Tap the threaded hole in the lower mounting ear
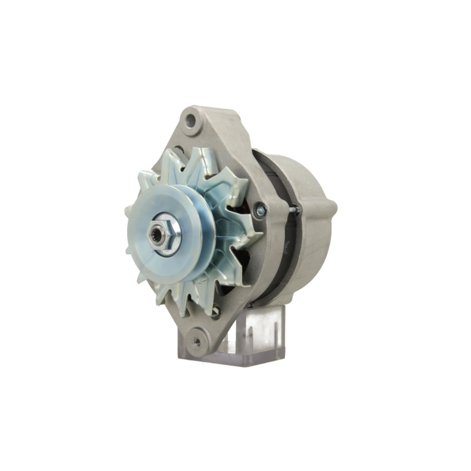coord(196,341)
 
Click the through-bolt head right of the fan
coord(259,210)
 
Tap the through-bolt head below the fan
coord(216,311)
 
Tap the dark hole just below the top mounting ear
coord(179,150)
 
